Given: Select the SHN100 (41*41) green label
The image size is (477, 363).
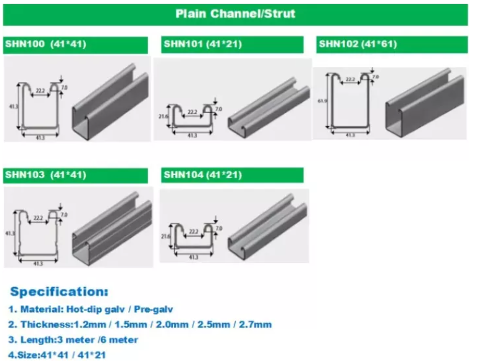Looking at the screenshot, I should tap(75, 45).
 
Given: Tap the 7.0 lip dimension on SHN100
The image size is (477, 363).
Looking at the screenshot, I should tap(63, 88).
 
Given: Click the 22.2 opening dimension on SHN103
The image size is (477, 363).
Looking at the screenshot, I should tap(38, 218).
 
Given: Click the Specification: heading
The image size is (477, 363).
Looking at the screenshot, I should tap(59, 291).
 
